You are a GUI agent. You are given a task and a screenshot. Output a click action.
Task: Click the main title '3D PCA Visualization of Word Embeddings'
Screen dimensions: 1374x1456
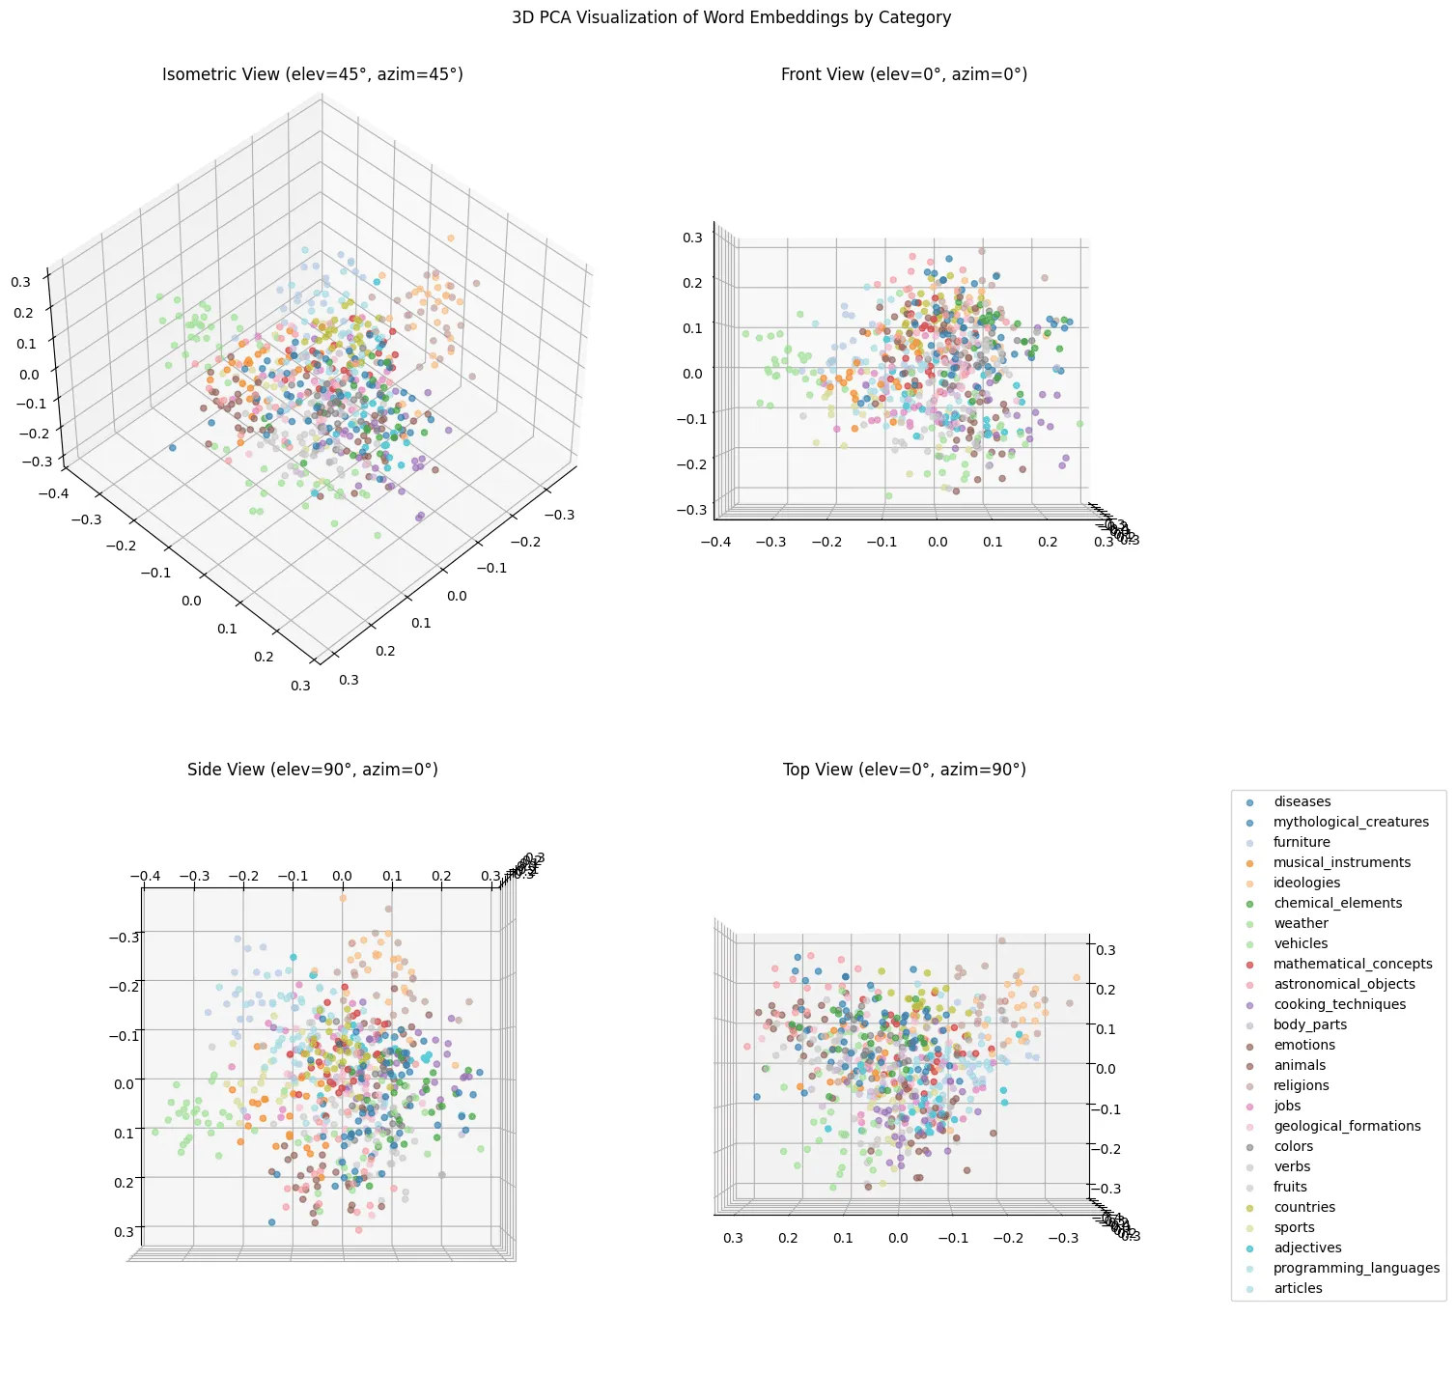click(731, 17)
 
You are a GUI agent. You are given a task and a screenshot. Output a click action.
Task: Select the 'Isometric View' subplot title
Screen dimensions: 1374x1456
click(312, 74)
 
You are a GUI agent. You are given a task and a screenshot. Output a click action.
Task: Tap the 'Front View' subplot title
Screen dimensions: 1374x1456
click(904, 74)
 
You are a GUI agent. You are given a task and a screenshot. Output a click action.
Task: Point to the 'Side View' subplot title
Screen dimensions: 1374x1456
click(312, 770)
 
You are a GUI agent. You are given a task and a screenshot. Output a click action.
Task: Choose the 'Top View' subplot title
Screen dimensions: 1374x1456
click(904, 770)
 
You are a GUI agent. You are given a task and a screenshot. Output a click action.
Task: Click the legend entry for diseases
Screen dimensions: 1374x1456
click(1302, 802)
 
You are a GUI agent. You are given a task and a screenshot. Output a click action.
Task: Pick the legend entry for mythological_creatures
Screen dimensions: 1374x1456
click(1350, 823)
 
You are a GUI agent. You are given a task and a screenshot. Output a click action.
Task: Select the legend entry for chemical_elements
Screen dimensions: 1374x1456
click(1337, 904)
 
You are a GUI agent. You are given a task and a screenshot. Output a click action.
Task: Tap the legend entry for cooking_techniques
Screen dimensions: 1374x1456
click(1339, 1005)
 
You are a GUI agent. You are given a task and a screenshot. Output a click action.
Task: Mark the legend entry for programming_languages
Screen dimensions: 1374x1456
click(1356, 1269)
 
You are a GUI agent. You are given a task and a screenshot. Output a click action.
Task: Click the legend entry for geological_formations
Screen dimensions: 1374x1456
click(1346, 1127)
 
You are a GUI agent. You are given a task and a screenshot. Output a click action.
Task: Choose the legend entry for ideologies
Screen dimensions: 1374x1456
click(1306, 883)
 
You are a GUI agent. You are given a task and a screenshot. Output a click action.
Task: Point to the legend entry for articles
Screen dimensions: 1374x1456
click(1298, 1289)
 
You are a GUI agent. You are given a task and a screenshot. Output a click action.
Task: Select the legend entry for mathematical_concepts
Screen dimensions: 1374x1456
click(1352, 965)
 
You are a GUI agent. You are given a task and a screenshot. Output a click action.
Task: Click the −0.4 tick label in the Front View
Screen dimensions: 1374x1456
click(715, 543)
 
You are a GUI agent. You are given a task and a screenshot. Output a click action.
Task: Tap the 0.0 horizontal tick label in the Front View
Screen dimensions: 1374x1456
click(938, 543)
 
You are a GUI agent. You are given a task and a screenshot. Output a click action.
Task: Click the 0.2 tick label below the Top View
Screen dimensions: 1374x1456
click(788, 1238)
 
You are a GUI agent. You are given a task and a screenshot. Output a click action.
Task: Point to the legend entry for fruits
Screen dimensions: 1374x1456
click(1290, 1188)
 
